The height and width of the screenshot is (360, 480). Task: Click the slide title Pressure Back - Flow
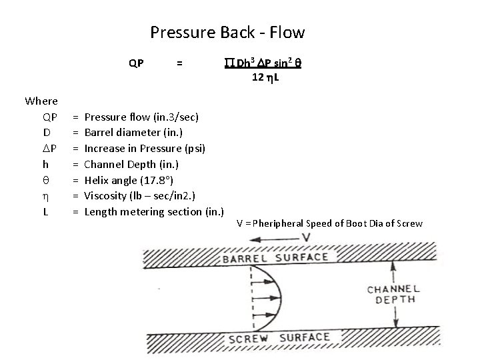point(227,32)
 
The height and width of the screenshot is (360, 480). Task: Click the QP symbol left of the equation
point(136,64)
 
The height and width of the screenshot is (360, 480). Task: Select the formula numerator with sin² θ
point(262,64)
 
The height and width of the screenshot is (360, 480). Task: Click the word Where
point(41,101)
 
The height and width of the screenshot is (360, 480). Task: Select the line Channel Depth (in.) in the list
point(131,164)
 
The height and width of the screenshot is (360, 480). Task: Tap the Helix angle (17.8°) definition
point(131,180)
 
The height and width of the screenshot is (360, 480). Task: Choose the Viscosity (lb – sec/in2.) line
point(144,196)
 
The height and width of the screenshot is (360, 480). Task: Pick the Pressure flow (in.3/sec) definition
point(141,117)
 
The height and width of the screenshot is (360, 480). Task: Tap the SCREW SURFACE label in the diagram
point(279,337)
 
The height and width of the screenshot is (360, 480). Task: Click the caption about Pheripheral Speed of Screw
point(329,223)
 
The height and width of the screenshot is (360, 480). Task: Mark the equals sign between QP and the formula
point(179,64)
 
